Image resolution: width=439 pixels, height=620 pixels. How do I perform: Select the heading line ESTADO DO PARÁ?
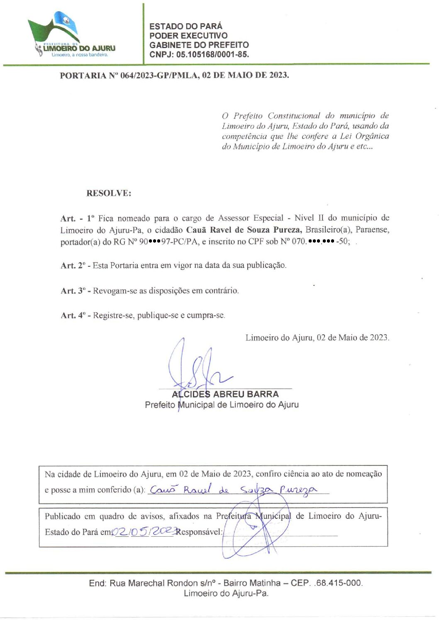pyautogui.click(x=185, y=26)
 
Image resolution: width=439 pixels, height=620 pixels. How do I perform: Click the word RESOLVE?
pyautogui.click(x=109, y=193)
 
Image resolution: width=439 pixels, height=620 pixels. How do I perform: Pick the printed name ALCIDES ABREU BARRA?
pyautogui.click(x=225, y=394)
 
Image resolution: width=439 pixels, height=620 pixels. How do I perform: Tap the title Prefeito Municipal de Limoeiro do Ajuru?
pyautogui.click(x=222, y=405)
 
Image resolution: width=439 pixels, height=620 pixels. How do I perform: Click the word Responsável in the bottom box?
pyautogui.click(x=199, y=532)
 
